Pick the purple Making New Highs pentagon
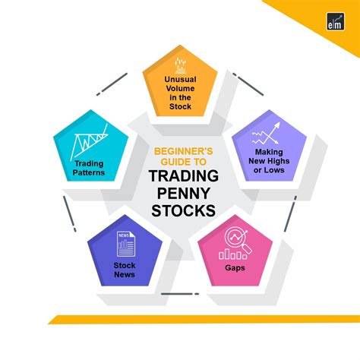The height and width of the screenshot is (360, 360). click(x=270, y=156)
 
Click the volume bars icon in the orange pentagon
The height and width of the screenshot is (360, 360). click(x=181, y=65)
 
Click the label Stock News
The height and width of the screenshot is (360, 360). click(x=125, y=270)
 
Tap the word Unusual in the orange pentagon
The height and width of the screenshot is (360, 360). click(x=181, y=78)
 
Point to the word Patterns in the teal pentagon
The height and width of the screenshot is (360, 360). click(x=90, y=173)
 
